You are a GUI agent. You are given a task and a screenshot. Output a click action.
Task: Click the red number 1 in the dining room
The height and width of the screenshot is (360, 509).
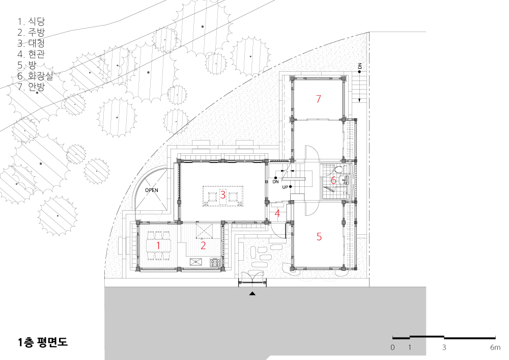[158, 245]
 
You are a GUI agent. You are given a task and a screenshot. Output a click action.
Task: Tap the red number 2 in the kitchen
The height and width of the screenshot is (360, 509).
[203, 245]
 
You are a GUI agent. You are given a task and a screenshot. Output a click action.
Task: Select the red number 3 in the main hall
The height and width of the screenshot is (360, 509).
[223, 195]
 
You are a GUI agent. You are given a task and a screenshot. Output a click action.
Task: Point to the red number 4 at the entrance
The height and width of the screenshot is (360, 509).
[277, 213]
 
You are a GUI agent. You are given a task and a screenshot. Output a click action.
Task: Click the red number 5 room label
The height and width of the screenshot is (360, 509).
[319, 237]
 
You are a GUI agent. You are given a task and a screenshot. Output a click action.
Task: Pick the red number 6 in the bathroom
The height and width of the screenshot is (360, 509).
[333, 180]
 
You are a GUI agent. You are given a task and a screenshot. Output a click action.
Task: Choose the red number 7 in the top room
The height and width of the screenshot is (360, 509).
[319, 99]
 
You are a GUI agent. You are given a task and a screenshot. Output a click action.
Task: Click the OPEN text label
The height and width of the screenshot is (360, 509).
[152, 190]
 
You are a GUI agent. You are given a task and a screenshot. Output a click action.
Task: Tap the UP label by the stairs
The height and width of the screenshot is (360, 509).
[285, 187]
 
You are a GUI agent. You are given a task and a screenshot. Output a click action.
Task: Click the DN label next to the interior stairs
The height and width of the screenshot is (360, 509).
[275, 182]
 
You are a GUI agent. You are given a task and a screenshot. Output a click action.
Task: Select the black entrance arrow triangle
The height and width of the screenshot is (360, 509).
[252, 294]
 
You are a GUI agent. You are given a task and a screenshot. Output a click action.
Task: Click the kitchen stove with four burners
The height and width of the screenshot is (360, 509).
[215, 262]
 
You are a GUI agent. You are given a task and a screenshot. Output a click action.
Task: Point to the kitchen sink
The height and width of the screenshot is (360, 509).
[196, 262]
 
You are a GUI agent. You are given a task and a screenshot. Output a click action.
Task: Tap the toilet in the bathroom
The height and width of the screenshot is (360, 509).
[338, 170]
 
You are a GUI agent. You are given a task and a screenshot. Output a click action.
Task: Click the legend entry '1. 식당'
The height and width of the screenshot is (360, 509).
[31, 22]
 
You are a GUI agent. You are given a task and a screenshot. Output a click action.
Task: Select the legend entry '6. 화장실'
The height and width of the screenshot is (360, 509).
[35, 76]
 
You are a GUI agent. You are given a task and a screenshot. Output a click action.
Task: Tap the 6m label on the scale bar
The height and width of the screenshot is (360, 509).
[495, 347]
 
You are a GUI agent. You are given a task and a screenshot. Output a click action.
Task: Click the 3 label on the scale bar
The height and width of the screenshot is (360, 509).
[444, 347]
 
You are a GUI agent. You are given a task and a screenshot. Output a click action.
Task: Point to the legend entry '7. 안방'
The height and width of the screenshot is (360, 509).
[31, 87]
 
